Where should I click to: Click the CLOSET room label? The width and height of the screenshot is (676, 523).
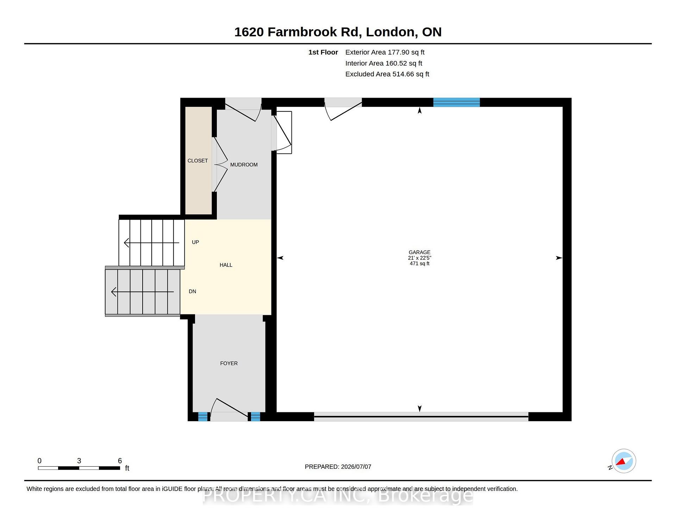click(x=198, y=161)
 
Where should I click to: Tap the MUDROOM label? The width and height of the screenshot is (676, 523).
click(x=244, y=165)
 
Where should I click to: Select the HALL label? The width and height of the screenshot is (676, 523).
click(x=226, y=265)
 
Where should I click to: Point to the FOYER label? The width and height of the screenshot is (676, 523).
click(x=229, y=363)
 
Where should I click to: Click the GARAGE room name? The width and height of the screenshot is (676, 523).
click(x=419, y=252)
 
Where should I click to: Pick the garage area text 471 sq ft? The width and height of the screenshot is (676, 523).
click(x=419, y=264)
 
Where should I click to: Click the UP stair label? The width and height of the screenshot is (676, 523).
click(x=195, y=242)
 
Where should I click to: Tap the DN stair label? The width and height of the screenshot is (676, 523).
click(x=192, y=291)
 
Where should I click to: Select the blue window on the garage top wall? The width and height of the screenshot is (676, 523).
click(x=456, y=102)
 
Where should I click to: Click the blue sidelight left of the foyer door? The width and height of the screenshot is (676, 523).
click(x=203, y=417)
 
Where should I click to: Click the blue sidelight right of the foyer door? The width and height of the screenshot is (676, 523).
click(x=255, y=417)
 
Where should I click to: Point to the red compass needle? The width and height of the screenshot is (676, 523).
click(x=621, y=462)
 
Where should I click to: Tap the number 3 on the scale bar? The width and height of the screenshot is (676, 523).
click(x=79, y=461)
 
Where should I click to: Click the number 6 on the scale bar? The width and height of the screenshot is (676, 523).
click(x=120, y=461)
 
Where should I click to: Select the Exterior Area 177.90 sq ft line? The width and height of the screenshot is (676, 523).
click(x=385, y=52)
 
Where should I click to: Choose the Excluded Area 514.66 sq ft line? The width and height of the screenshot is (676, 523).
click(x=387, y=74)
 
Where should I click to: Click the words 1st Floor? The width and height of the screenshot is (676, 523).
click(x=323, y=52)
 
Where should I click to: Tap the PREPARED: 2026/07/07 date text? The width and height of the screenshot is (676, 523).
click(x=338, y=467)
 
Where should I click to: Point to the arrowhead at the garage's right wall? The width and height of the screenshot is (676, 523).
click(x=559, y=258)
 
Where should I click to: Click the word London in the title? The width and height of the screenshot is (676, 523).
click(x=390, y=32)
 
